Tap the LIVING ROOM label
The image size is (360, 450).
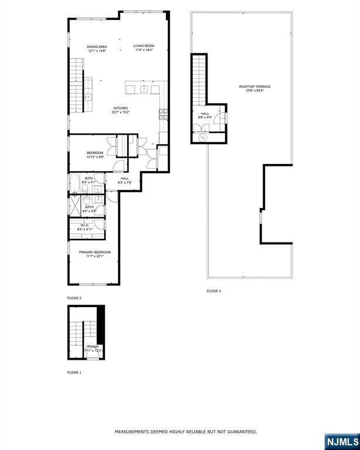pos(143,46)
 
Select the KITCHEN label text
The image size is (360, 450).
pos(121,108)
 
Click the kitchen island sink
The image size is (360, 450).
pos(144,88)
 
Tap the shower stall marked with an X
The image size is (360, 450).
pos(76,206)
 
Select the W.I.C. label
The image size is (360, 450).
pos(84,225)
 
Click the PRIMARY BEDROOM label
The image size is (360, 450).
pos(95,252)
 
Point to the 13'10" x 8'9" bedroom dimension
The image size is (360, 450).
pos(95,156)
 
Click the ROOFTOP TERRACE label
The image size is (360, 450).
pos(254,87)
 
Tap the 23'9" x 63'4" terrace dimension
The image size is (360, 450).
pos(254,91)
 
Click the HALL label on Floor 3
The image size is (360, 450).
pos(205,114)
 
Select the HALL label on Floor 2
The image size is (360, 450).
pos(125,178)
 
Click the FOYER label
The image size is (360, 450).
pos(93,347)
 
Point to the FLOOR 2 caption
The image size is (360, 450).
pos(74,298)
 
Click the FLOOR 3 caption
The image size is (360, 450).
pos(214,291)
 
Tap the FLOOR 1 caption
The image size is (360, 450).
pos(74,373)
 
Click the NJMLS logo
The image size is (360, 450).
pos(341,440)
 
